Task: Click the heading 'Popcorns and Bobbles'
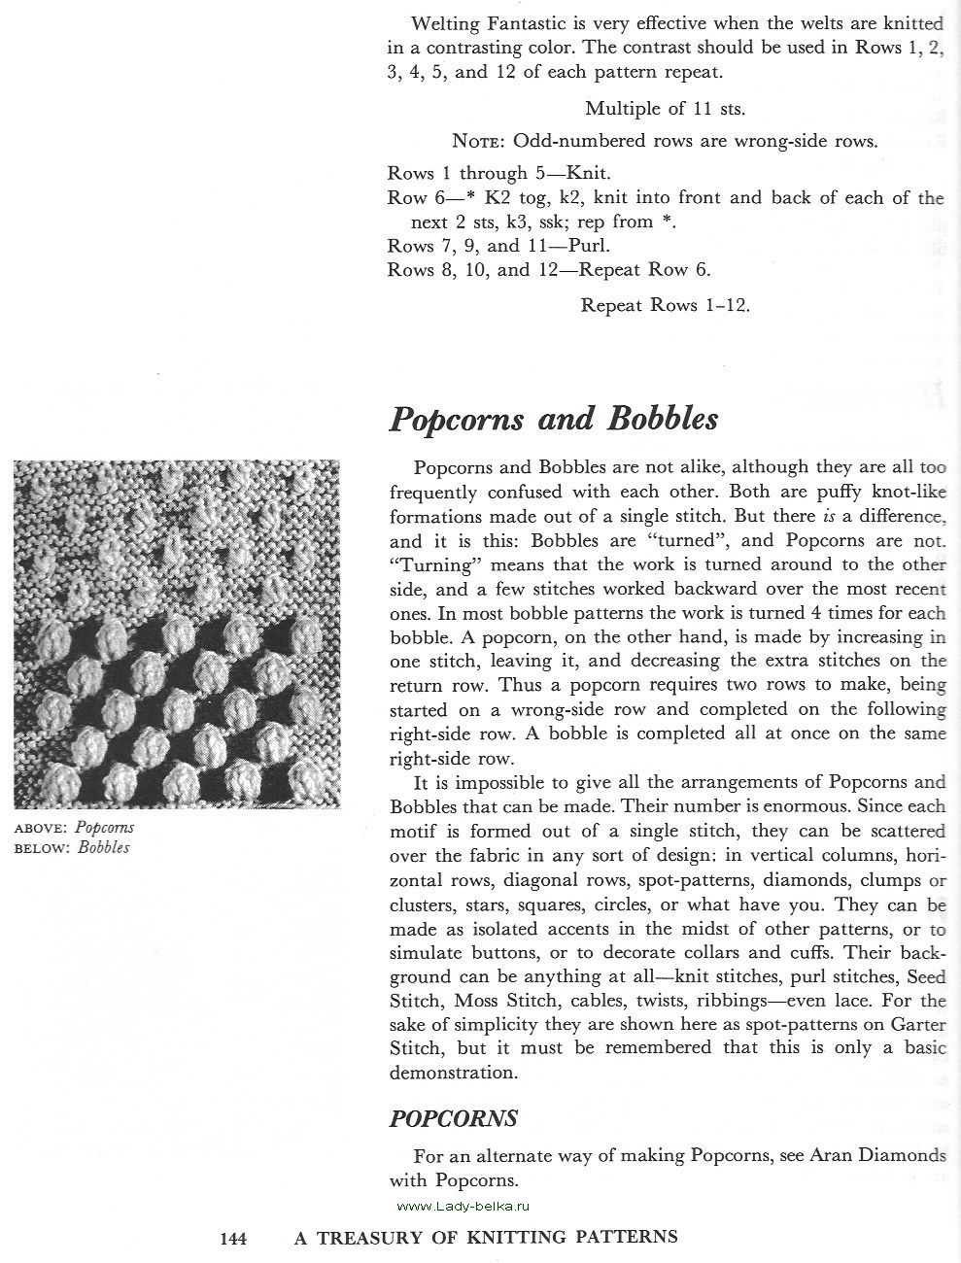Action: tap(553, 419)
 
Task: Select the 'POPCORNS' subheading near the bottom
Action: tap(453, 1118)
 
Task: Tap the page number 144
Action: tap(233, 1238)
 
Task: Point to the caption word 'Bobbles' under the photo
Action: tap(104, 847)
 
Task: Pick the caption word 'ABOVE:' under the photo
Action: tap(40, 829)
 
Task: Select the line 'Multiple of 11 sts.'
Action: tap(665, 109)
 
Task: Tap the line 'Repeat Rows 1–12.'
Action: tap(665, 305)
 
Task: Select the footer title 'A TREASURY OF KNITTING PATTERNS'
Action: tap(486, 1238)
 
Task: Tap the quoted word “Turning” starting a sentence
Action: tap(429, 564)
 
